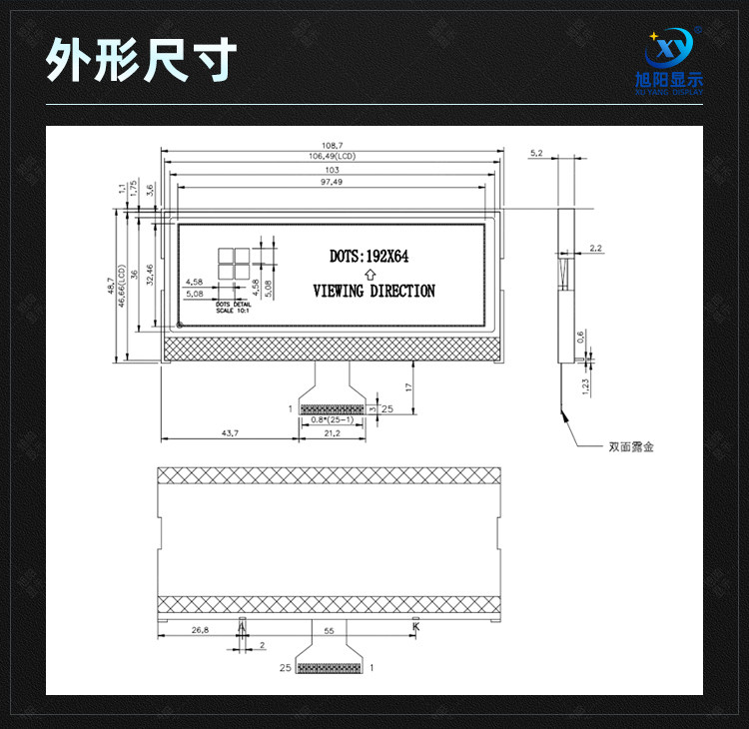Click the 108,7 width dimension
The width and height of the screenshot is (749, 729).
[333, 146]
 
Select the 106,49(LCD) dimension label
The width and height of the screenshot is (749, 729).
[333, 157]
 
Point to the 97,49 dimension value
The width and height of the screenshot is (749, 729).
[333, 183]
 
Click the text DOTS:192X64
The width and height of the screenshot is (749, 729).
[370, 257]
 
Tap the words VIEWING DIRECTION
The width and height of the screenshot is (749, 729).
[374, 292]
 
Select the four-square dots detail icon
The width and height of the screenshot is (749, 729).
[232, 262]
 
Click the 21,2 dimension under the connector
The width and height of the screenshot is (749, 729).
[332, 432]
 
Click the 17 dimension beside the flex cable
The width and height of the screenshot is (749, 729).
[410, 385]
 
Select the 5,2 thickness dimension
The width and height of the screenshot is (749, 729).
[536, 153]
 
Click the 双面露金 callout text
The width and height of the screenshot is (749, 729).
[631, 446]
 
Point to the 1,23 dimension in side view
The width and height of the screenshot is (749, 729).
[585, 382]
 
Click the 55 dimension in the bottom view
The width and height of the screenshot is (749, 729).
[330, 630]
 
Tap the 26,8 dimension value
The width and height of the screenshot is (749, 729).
[200, 630]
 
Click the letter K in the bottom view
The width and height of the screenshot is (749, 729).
[416, 627]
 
